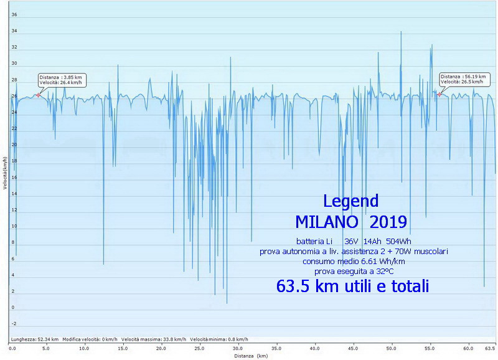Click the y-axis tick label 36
(x=14, y=15)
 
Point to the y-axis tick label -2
(x=14, y=324)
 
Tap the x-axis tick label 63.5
(x=489, y=349)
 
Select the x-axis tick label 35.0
(x=238, y=349)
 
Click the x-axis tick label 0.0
(x=12, y=349)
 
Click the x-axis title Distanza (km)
(x=251, y=356)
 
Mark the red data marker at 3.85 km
(x=39, y=95)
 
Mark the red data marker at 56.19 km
(x=439, y=94)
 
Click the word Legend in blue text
(x=350, y=201)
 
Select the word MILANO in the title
(x=326, y=222)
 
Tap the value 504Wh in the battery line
(x=398, y=241)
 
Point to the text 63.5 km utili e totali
(x=352, y=287)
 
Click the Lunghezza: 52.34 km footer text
(x=35, y=339)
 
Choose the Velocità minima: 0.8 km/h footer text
(x=219, y=339)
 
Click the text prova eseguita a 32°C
(x=354, y=271)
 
